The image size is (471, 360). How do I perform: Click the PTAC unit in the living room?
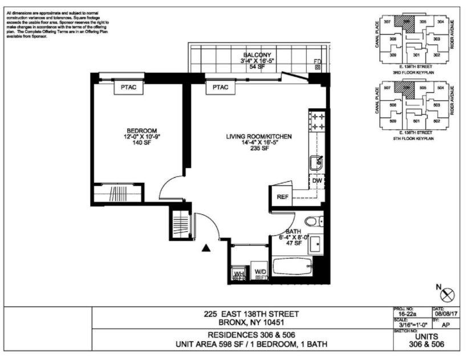click(x=220, y=87)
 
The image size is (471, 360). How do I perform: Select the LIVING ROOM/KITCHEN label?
click(x=259, y=136)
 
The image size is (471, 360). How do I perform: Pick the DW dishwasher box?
click(x=317, y=181)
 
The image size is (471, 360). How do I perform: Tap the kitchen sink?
click(x=316, y=162)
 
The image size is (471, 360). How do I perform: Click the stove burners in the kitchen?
click(x=317, y=121)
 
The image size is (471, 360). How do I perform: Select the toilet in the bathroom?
click(x=311, y=222)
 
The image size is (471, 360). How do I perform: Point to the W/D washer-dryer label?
click(x=260, y=272)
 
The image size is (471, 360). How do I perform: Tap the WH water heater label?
click(x=239, y=274)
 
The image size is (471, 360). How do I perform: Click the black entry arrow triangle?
click(x=206, y=247)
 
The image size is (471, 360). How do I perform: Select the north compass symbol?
click(x=448, y=294)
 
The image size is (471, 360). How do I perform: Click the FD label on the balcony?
click(x=318, y=62)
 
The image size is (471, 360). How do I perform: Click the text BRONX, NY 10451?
click(x=243, y=322)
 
